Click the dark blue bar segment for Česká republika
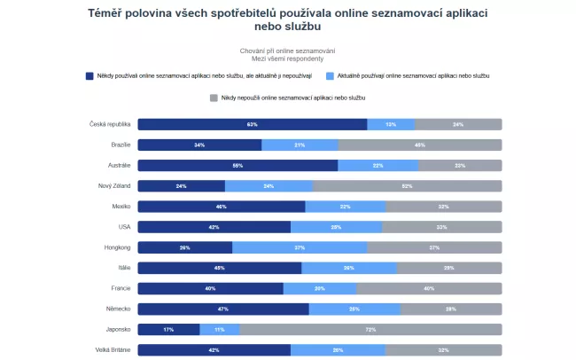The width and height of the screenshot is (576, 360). [252, 124]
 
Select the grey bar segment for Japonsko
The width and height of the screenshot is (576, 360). [370, 329]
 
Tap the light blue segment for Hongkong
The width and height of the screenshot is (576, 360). [300, 247]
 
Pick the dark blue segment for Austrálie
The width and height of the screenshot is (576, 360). [237, 165]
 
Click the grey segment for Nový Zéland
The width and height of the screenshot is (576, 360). [407, 186]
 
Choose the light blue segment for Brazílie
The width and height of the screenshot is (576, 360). [300, 145]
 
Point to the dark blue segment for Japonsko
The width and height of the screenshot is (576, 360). [168, 329]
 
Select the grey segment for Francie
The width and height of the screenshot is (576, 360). [429, 288]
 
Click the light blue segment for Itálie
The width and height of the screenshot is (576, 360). [349, 268]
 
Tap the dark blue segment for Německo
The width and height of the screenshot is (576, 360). [223, 309]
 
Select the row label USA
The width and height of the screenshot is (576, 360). [124, 227]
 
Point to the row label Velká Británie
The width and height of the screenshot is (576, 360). [113, 349]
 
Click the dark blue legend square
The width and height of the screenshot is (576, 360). [90, 76]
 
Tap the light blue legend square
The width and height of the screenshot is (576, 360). [331, 76]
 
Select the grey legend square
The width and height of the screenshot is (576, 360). [214, 97]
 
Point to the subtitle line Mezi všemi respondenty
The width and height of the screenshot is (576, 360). [287, 59]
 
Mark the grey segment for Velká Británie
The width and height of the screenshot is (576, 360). [444, 349]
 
